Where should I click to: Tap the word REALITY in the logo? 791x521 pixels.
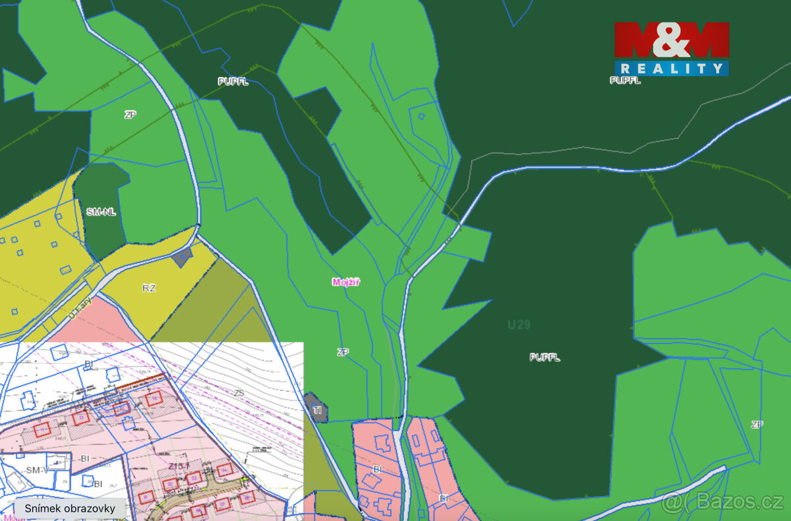(x=672, y=69)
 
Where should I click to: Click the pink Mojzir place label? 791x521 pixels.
(x=346, y=282)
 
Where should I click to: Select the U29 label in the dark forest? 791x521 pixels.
(x=519, y=324)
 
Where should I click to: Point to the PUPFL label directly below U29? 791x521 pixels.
(x=544, y=357)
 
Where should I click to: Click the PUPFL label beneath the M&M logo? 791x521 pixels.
(x=625, y=80)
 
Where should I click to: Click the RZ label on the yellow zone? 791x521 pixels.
(x=148, y=288)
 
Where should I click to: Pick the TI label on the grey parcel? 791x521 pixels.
(x=317, y=410)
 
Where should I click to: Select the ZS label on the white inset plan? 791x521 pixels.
(x=239, y=393)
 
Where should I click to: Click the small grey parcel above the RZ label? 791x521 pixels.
(x=183, y=257)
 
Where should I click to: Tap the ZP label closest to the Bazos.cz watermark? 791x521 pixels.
(x=756, y=425)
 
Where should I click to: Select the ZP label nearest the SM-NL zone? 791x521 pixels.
(x=130, y=115)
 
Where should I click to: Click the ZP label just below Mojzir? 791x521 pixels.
(x=343, y=352)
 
